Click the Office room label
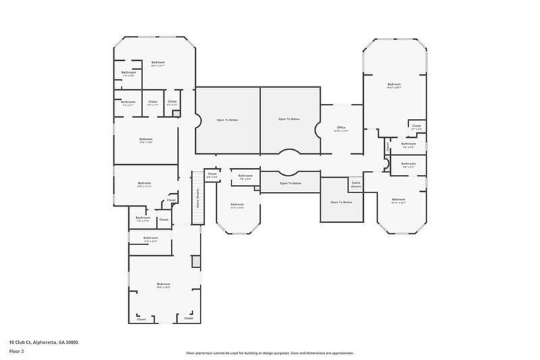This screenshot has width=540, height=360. (342, 128)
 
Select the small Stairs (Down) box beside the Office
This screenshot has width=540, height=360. (355, 184)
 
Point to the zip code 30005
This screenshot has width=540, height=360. (72, 342)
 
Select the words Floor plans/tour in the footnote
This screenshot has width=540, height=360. (200, 353)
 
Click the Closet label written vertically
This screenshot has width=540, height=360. (387, 146)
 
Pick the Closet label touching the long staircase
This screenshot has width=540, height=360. (212, 174)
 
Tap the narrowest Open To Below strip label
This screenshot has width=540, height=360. (290, 183)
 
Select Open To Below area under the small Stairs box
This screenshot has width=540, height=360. (341, 202)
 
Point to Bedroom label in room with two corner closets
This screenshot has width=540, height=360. (163, 285)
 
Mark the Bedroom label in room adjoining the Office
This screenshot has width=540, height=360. (394, 85)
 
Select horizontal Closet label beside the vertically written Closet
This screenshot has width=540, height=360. (416, 126)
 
